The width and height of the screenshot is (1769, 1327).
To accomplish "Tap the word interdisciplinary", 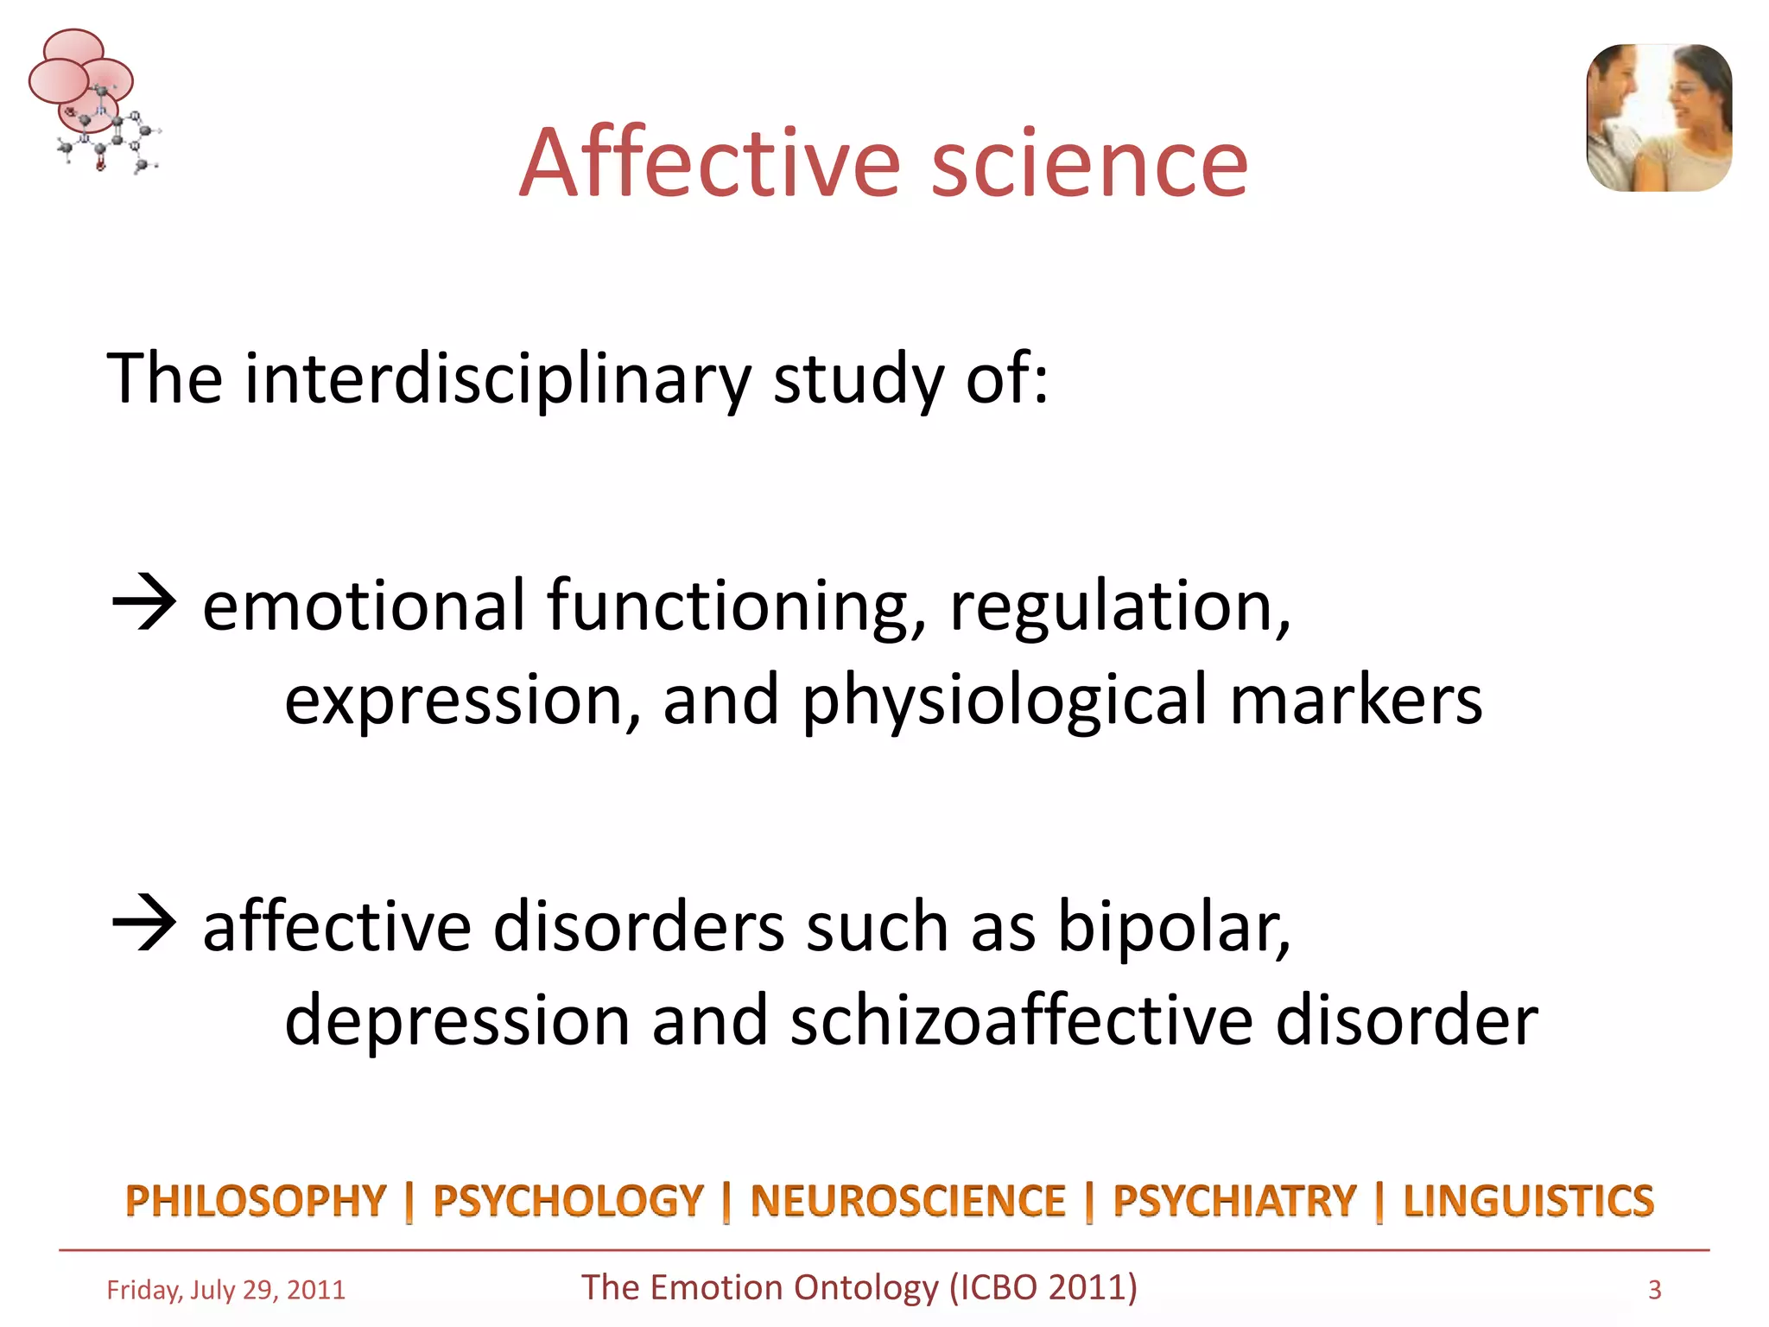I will click(498, 380).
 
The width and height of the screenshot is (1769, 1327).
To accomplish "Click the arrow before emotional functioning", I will click(144, 604).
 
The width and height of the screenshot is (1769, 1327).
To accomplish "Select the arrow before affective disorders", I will click(144, 924).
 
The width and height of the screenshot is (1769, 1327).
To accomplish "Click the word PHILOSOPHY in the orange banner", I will click(256, 1201).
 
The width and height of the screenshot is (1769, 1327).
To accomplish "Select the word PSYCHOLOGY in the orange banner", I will click(568, 1201).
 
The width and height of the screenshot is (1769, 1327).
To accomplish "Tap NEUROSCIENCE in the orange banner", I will click(907, 1201).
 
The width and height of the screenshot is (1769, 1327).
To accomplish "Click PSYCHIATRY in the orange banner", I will click(1234, 1201).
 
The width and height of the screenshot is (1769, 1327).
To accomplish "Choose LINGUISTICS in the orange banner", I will click(1528, 1201).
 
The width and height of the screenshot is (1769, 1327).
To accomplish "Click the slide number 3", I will click(1654, 1290).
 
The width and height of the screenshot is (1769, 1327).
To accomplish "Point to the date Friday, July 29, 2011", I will click(225, 1290).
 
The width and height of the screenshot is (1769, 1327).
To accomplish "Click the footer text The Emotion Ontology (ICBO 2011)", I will click(859, 1287).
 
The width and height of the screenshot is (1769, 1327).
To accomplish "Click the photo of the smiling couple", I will click(1658, 117).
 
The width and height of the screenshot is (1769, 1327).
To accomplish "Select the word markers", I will click(1355, 700).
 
